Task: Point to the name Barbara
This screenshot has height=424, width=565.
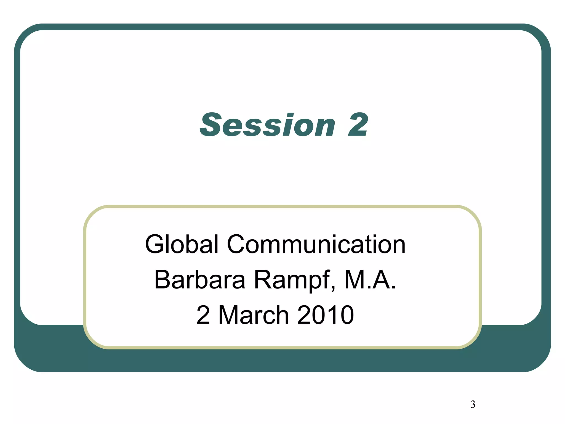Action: click(x=199, y=280)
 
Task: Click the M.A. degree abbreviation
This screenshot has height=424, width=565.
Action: click(x=370, y=280)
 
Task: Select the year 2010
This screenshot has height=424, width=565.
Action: click(x=326, y=315)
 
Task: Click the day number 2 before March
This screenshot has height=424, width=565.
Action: click(x=203, y=315)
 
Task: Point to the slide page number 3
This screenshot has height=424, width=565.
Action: click(x=473, y=404)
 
